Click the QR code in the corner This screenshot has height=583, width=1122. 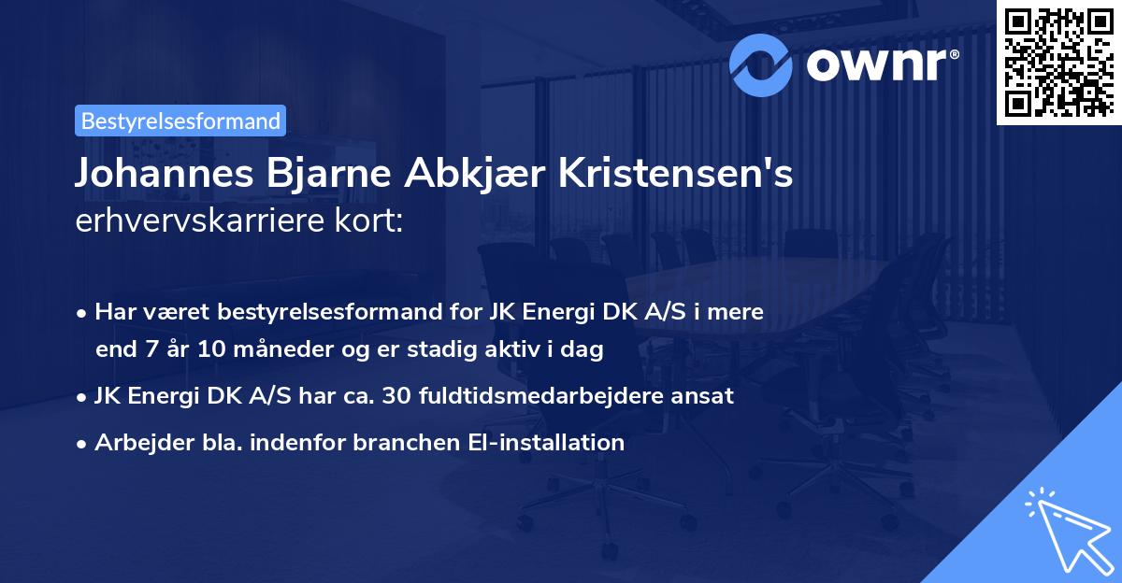coord(1057,62)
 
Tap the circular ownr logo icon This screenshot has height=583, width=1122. coord(760,64)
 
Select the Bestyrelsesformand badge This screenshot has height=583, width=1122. coord(180,121)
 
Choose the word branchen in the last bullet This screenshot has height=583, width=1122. coord(396,442)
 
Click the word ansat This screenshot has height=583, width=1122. coord(707,396)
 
